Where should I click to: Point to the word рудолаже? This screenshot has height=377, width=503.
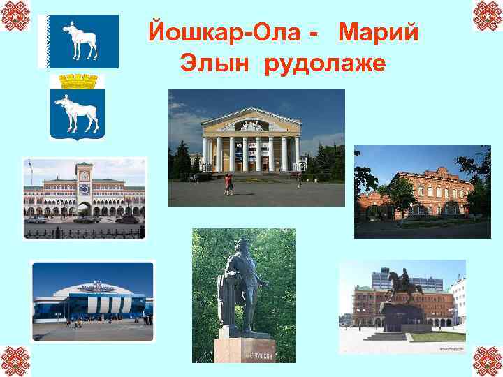click(325, 65)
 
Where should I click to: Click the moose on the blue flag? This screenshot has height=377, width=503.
click(79, 40)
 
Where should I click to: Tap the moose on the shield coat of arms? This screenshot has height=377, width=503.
click(77, 113)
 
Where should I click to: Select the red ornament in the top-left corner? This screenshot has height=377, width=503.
click(15, 15)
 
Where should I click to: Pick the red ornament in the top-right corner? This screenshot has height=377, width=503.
click(487, 15)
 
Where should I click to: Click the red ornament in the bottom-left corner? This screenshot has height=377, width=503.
click(15, 361)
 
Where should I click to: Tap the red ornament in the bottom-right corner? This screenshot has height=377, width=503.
click(487, 361)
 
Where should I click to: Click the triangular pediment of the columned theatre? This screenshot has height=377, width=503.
click(251, 123)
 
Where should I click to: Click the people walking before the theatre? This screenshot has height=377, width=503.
click(228, 184)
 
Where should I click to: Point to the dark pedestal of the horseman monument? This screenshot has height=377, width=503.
click(403, 318)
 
